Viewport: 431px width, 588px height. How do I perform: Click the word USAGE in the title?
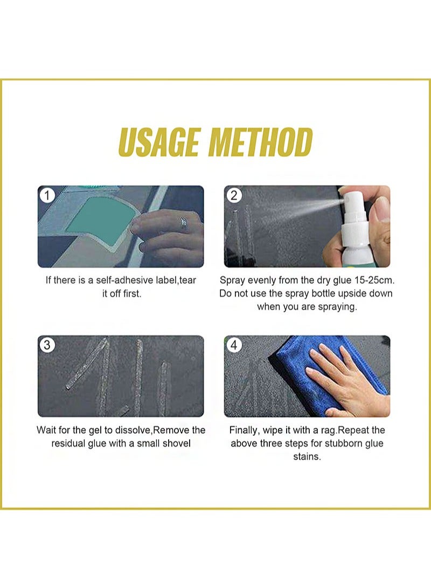point(159,142)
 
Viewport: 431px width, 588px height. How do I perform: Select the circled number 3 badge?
point(47,345)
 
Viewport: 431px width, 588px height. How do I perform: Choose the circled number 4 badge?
point(234,345)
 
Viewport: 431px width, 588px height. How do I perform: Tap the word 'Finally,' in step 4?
point(245,430)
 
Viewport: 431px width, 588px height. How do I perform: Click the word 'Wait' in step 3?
point(46,430)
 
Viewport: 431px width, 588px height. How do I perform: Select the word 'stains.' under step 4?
point(307,456)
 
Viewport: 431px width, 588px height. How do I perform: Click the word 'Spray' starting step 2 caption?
point(232,281)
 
